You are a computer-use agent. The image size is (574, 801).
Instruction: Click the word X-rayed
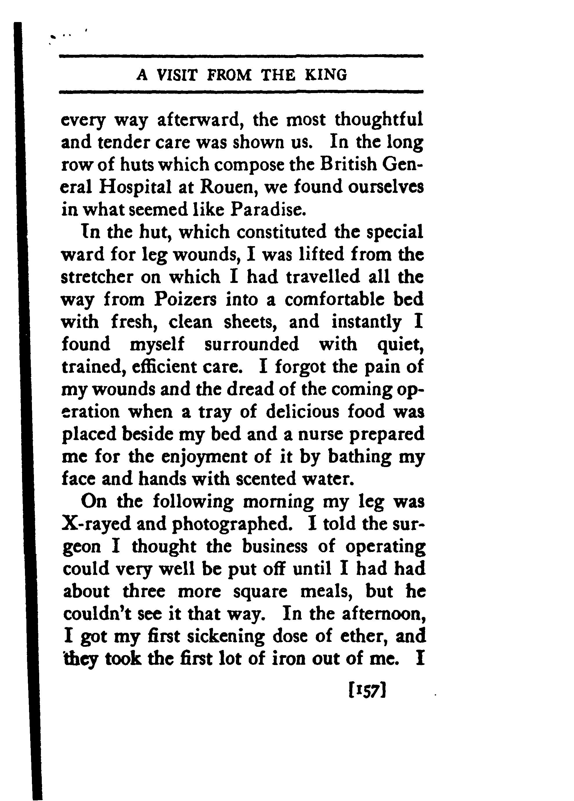pos(96,524)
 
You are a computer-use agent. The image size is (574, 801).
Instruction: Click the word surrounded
pos(252,344)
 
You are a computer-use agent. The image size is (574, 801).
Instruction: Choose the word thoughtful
pos(379,120)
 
